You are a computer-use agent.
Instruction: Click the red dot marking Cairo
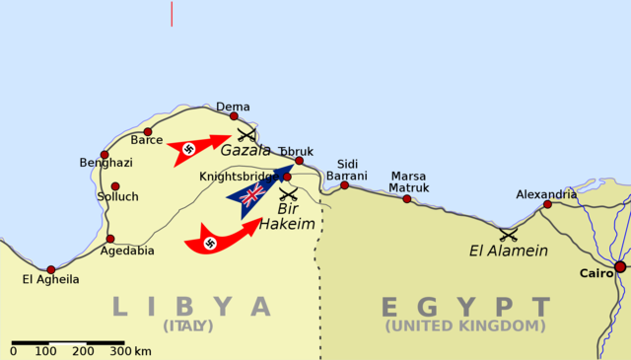coord(619,266)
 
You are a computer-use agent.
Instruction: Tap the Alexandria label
coord(546,194)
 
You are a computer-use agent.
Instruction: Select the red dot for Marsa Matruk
coord(406,198)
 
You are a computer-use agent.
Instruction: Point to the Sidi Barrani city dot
coord(344,184)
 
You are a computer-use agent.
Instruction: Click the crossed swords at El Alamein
coord(509,235)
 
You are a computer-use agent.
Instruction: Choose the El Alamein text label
coord(508,252)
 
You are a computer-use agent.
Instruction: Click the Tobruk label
coord(296,151)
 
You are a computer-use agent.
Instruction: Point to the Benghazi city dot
coord(105,154)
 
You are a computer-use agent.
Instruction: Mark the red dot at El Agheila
coord(51,268)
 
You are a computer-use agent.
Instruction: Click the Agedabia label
coord(127,251)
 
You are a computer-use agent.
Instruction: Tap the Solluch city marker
coord(115,185)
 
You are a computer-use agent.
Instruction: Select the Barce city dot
coord(148,131)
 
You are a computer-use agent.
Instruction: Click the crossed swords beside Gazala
coord(246,133)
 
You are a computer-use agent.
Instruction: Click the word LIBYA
coord(191,306)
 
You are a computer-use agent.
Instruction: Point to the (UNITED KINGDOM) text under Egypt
coord(465,325)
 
